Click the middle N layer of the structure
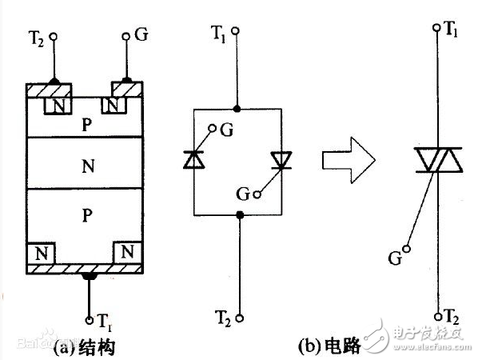click(87, 166)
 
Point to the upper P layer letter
click(87, 126)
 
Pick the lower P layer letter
click(87, 215)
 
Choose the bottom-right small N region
click(128, 254)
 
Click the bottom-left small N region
click(38, 254)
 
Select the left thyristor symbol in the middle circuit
click(193, 161)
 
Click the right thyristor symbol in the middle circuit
click(281, 161)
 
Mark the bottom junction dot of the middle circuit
click(240, 214)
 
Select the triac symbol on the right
click(436, 161)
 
